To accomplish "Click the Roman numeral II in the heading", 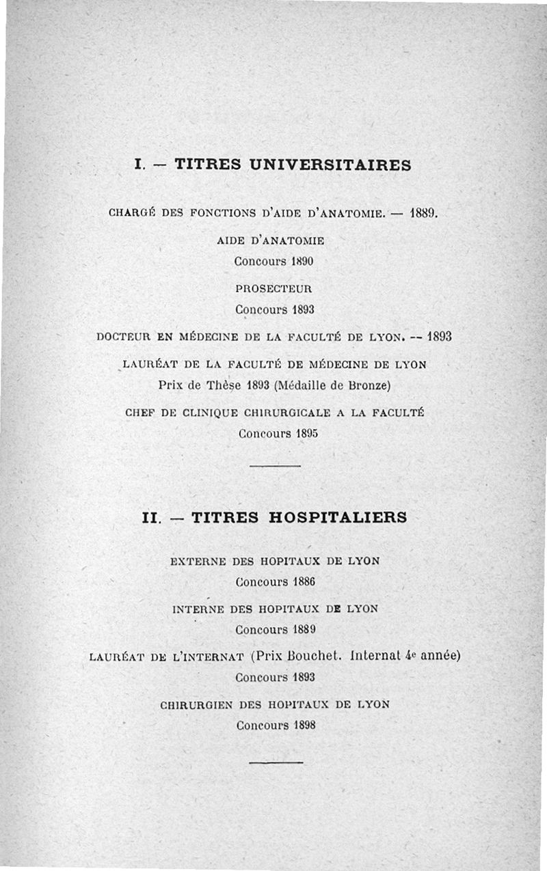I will (x=150, y=518).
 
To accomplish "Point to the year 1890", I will (x=302, y=261).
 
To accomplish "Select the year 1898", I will (x=303, y=725).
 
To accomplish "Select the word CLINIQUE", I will (x=204, y=413).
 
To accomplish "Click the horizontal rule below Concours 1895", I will (x=275, y=465).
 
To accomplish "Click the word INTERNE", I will (x=199, y=608).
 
